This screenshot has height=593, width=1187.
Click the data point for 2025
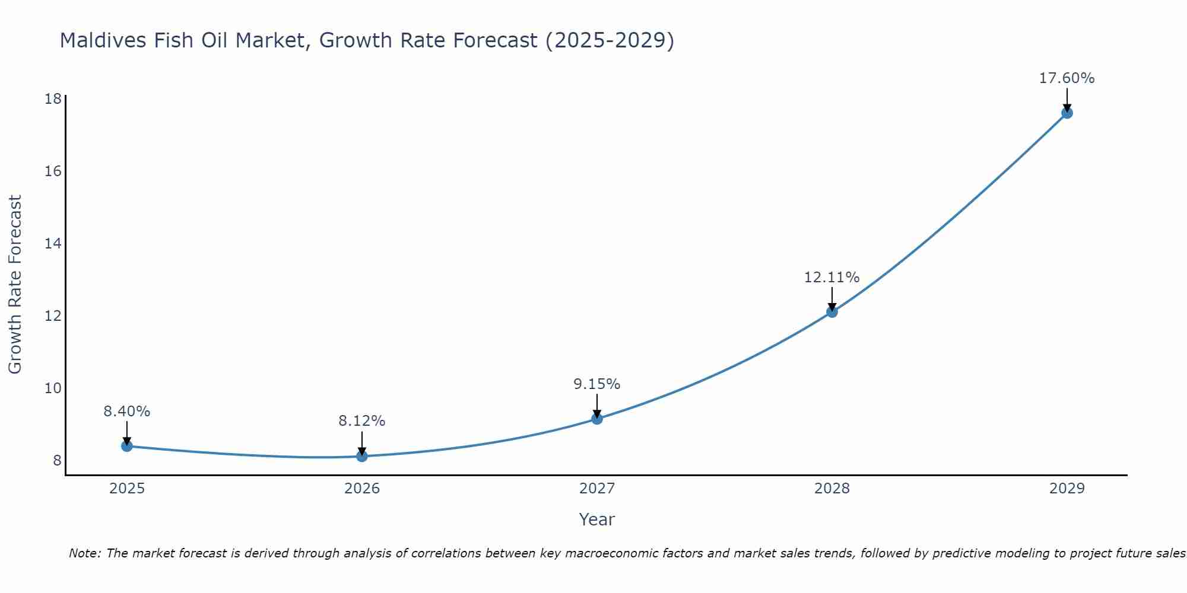coord(127,446)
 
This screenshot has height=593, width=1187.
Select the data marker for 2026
coord(362,456)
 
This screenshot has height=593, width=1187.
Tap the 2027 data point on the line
coord(597,419)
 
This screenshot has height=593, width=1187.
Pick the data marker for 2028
coord(832,312)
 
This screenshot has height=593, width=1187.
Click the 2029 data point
coord(1067,113)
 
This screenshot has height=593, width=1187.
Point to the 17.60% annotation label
coord(1067,78)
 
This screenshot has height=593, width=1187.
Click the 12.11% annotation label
coord(831,278)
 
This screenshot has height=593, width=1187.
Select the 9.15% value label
coord(596,384)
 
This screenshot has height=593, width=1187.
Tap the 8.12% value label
coord(362,421)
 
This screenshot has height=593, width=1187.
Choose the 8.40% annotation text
coord(127,412)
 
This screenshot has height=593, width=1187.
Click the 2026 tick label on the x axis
coord(362,489)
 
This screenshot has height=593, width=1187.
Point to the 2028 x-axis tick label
coord(832,489)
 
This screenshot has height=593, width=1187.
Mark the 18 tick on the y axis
coord(53,98)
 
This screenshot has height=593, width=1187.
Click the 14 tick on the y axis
coord(53,244)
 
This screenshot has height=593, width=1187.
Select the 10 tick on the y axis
coord(53,388)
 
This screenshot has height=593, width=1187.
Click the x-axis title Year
coord(596,519)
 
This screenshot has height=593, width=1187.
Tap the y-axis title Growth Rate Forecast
coord(15,285)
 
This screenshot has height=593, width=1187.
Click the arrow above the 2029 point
coord(1067,98)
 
